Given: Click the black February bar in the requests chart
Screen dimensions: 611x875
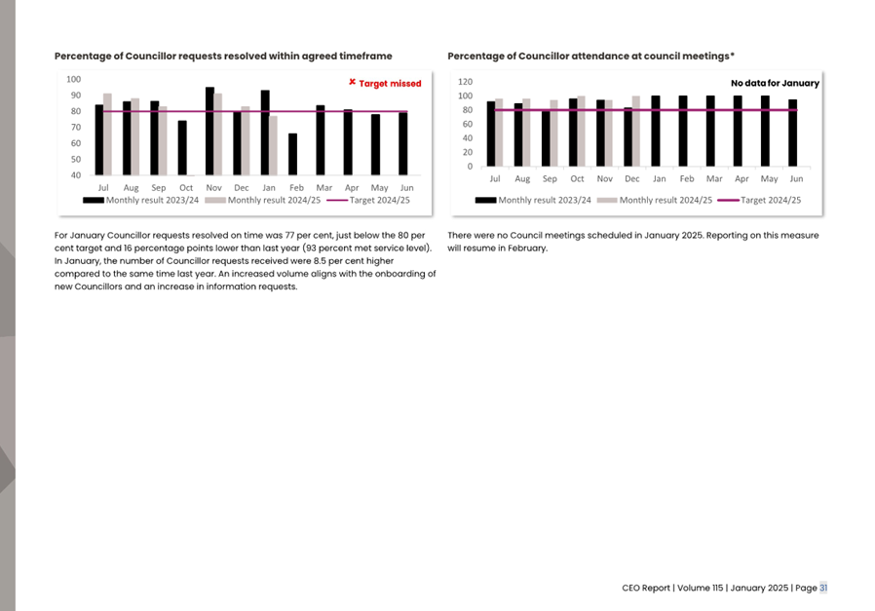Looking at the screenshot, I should tap(292, 155).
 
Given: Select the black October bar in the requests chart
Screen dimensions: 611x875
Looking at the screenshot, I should tap(182, 148).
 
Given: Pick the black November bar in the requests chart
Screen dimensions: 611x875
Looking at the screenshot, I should tap(209, 132).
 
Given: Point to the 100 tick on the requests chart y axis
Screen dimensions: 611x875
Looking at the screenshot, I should tap(73, 79).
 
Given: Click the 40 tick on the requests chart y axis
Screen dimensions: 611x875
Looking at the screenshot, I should tap(73, 175).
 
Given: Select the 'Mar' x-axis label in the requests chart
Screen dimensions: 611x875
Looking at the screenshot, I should tap(323, 187).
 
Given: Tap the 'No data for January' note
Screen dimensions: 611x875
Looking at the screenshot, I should tap(775, 84).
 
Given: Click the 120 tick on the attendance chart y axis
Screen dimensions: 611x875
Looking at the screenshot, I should tap(464, 82).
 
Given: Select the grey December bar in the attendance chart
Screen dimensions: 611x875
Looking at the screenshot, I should tap(636, 131).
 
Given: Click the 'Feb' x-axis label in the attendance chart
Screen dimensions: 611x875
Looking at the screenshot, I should tap(686, 179).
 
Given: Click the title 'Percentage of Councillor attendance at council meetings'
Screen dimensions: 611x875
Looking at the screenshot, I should tap(590, 57).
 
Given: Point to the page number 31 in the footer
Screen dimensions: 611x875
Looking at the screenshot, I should tap(823, 588).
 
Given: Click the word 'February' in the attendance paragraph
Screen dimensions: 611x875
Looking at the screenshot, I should tap(526, 248).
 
